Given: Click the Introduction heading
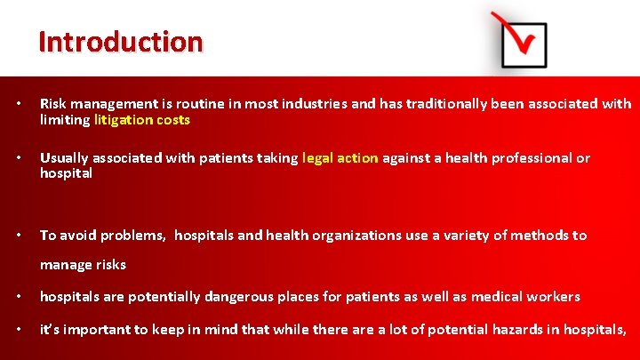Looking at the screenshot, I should tap(121, 42).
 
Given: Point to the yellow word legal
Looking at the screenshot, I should tap(318, 158).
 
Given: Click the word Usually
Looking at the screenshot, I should tap(65, 158).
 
